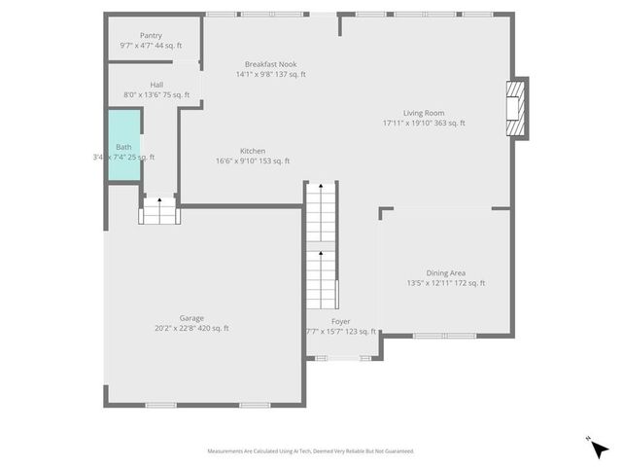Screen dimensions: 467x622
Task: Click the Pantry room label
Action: click(x=151, y=35)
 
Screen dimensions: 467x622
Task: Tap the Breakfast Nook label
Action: click(x=270, y=63)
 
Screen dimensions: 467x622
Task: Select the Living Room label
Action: click(x=424, y=113)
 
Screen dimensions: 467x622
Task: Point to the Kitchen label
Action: click(x=253, y=151)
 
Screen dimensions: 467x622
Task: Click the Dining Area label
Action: click(x=445, y=272)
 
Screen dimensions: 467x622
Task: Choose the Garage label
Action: click(x=191, y=317)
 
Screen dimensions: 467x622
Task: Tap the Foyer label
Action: click(x=340, y=321)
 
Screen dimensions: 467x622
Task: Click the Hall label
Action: click(x=156, y=85)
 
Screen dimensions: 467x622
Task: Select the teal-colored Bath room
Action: click(x=123, y=146)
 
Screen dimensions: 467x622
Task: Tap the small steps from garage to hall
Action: click(x=159, y=211)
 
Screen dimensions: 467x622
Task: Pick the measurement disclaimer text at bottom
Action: click(x=310, y=451)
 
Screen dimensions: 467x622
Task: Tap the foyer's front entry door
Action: click(x=339, y=358)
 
